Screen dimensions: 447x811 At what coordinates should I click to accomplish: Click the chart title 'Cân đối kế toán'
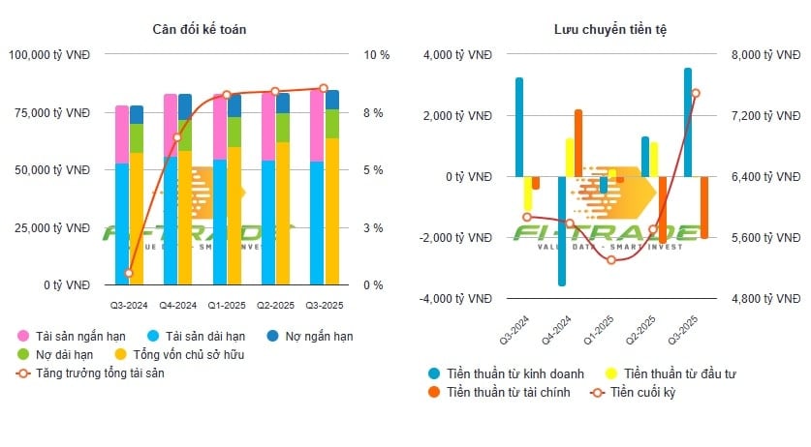click(x=200, y=29)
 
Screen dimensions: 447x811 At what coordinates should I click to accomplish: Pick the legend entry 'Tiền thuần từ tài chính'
click(x=497, y=392)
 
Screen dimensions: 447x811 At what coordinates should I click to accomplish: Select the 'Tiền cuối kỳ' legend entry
click(x=647, y=392)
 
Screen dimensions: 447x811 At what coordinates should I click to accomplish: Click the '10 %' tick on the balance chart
click(x=376, y=55)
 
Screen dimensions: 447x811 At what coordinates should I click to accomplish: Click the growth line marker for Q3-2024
click(x=129, y=273)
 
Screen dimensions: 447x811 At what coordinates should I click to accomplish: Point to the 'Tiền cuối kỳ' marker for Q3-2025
click(x=696, y=93)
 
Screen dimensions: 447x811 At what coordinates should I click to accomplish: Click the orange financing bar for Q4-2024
click(x=578, y=143)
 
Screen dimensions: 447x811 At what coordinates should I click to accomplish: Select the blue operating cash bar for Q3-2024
click(x=519, y=127)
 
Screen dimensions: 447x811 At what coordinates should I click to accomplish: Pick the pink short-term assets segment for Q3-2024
click(x=122, y=134)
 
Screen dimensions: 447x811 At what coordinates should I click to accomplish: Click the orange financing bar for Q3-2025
click(x=704, y=207)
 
